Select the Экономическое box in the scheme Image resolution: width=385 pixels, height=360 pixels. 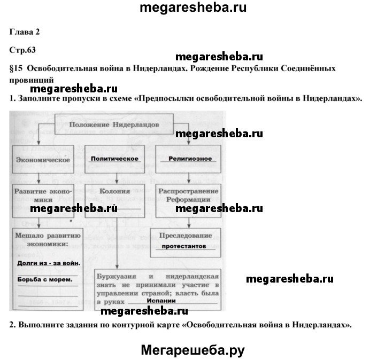44,159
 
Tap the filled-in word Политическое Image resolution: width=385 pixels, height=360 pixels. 114,159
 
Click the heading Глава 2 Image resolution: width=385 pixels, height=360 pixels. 25,32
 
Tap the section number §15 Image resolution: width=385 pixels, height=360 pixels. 17,68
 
